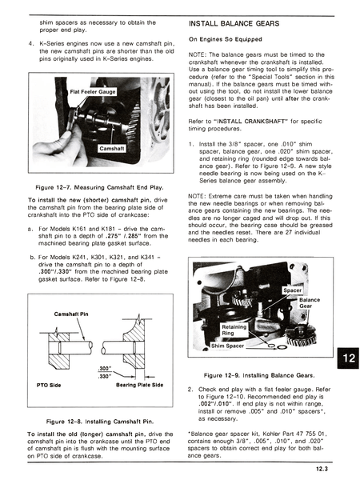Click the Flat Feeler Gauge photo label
click(x=94, y=92)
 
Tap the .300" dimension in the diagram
click(x=104, y=367)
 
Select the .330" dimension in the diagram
click(x=104, y=376)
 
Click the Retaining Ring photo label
click(x=234, y=330)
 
